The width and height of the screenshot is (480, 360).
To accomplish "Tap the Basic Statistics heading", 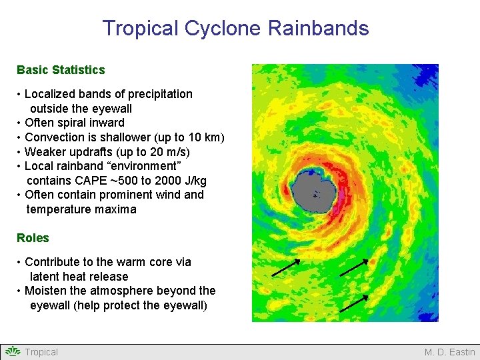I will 61,69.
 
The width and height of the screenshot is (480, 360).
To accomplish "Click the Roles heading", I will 33,238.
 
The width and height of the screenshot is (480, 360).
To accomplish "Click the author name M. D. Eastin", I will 450,352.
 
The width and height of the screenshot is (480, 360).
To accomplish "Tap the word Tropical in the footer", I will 41,352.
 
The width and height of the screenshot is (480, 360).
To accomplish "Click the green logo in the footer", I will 13,351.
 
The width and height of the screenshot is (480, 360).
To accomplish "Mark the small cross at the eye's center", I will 315,196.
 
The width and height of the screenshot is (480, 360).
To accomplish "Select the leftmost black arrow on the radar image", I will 286,267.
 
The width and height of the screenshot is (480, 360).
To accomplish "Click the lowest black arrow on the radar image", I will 354,303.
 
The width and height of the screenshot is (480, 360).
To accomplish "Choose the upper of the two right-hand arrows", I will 354,267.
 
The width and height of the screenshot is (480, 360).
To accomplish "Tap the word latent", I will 45,277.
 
